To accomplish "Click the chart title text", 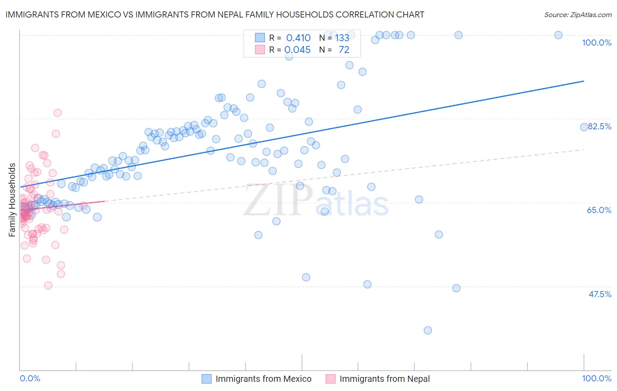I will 215,14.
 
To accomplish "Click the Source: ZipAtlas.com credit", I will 578,14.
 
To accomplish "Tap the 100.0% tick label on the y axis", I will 596,43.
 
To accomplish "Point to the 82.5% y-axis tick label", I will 599,126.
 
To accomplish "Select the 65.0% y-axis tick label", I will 599,210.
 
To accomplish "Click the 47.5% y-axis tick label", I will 599,294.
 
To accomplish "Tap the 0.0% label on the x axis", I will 30,378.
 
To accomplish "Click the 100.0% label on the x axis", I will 596,378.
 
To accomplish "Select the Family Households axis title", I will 12,200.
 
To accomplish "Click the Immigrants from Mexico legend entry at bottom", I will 263,379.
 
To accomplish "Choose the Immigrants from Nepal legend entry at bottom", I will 384,379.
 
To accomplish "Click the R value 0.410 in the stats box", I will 298,38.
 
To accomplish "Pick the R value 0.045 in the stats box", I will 298,50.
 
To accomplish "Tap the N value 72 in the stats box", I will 344,50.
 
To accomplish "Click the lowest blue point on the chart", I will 428,331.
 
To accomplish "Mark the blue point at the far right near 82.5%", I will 584,127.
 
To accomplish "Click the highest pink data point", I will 57,113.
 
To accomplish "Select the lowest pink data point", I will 48,285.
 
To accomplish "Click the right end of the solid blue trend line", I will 584,81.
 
